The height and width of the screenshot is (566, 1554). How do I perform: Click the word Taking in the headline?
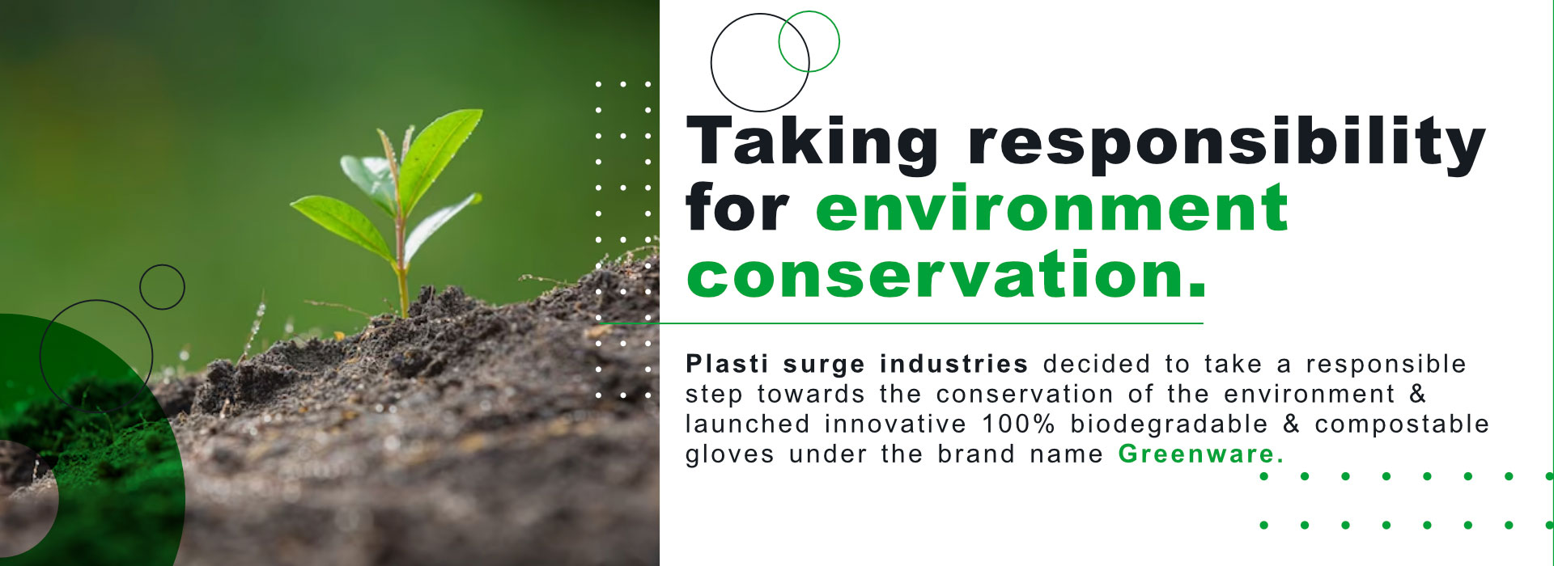click(x=812, y=143)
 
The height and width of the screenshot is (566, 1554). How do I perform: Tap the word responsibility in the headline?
click(x=1227, y=143)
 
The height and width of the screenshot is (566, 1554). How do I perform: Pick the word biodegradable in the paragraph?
click(x=1169, y=424)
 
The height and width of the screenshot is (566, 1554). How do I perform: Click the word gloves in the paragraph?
click(x=729, y=454)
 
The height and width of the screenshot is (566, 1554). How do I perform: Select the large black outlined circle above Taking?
click(x=711, y=63)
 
